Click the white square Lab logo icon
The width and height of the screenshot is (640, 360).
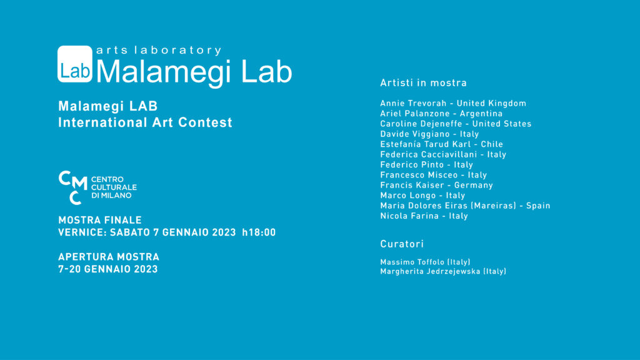click(x=75, y=64)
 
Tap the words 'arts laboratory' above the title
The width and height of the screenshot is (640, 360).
click(x=159, y=50)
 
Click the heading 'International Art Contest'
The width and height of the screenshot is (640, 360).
click(x=145, y=122)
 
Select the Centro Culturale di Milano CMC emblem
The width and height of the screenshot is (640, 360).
click(x=72, y=187)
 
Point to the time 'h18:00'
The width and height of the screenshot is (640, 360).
click(x=259, y=232)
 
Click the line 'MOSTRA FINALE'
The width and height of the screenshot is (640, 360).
click(x=100, y=220)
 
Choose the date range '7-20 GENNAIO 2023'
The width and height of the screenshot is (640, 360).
click(x=108, y=269)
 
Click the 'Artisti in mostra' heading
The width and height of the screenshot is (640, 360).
click(x=423, y=83)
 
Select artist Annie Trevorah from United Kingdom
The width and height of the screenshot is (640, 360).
click(x=453, y=103)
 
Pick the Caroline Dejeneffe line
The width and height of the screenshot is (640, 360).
click(x=456, y=124)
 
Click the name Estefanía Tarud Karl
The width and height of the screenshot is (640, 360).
click(x=424, y=144)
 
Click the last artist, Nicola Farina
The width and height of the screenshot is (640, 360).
click(x=424, y=216)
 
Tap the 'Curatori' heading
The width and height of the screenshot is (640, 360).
click(x=402, y=244)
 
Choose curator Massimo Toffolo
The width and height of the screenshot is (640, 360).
click(x=425, y=262)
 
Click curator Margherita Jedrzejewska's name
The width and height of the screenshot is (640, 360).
click(x=443, y=271)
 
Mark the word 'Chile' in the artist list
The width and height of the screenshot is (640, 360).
click(x=492, y=144)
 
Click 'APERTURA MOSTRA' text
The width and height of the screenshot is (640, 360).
click(x=109, y=257)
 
